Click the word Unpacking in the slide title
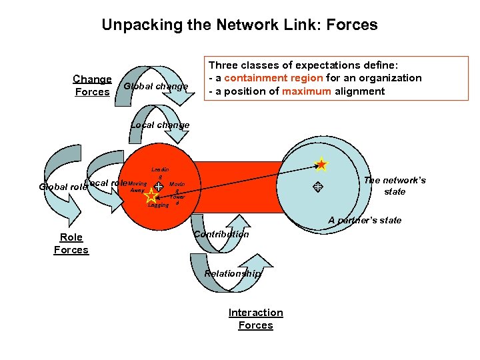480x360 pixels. (x=144, y=26)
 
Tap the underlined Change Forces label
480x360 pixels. (x=92, y=85)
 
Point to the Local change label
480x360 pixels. (x=160, y=125)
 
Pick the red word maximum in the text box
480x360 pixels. (x=306, y=91)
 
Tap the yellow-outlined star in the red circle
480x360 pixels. (x=153, y=196)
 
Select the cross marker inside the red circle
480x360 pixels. (x=159, y=187)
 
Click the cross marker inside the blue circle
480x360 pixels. (x=318, y=188)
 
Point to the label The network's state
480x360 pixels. (x=395, y=186)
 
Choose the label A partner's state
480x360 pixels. (x=365, y=220)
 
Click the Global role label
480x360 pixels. (x=63, y=187)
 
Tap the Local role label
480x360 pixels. (x=105, y=183)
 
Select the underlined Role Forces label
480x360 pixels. (x=71, y=243)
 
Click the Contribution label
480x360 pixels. (x=221, y=234)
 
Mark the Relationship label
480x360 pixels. (x=233, y=273)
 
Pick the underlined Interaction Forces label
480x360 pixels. (x=256, y=319)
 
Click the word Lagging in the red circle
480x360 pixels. (x=158, y=205)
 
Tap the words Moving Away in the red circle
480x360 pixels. (x=137, y=187)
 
